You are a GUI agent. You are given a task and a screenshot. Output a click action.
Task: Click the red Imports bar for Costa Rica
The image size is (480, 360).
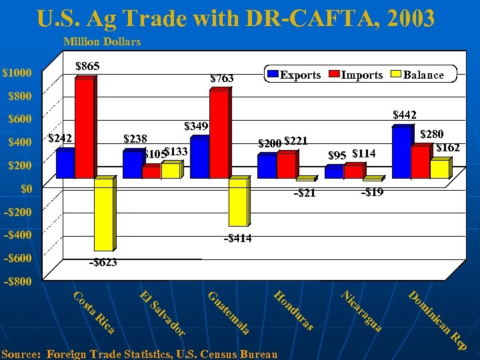click(84, 129)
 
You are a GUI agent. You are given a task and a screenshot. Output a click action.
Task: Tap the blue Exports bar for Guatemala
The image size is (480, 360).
click(199, 158)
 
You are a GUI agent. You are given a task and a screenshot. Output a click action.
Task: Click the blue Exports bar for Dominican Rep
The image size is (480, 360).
click(401, 153)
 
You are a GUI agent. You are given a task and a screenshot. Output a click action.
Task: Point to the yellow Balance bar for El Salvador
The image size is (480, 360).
click(171, 171)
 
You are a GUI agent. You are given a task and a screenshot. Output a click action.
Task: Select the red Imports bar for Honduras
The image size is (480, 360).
click(285, 165)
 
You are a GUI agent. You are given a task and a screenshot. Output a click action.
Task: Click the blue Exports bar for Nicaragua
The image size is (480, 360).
click(334, 173)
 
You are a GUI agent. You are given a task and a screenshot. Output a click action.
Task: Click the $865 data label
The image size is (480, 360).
click(88, 67)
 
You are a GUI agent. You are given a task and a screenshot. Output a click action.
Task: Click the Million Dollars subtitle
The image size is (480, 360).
click(102, 42)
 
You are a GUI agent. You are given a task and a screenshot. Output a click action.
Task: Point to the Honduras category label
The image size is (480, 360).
click(293, 311)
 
